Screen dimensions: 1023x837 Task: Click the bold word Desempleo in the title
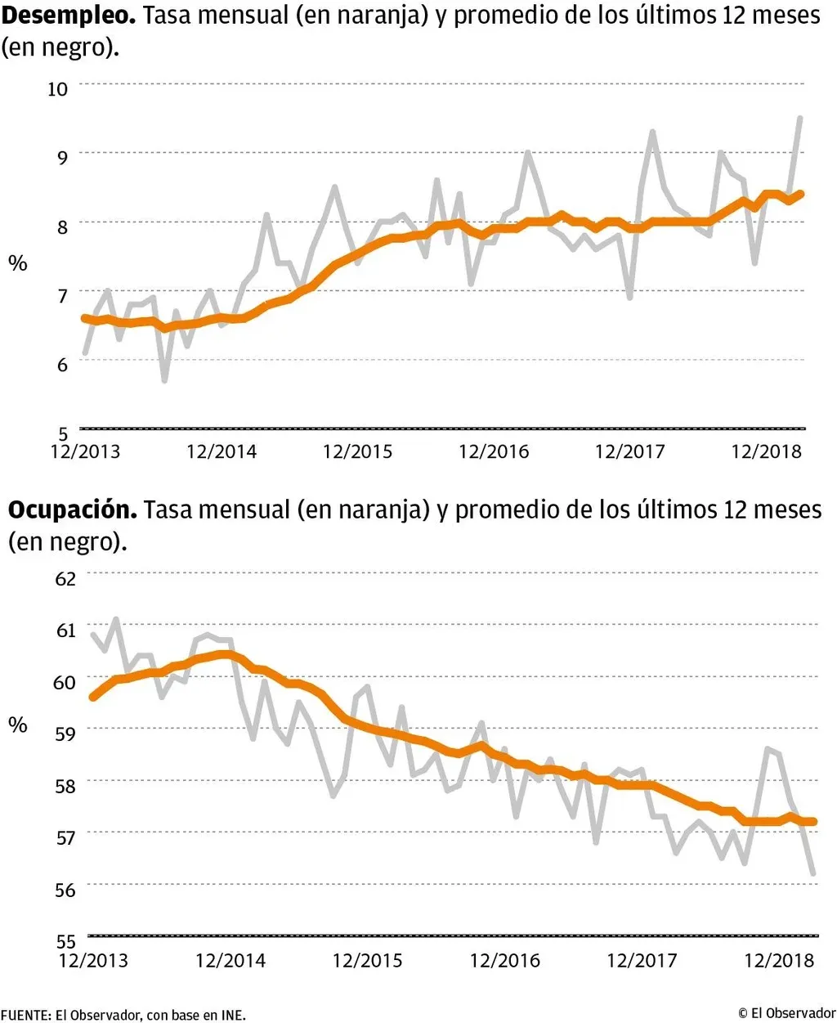pos(68,16)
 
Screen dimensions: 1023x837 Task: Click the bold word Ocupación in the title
pos(73,509)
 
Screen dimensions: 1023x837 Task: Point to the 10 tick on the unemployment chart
pos(58,88)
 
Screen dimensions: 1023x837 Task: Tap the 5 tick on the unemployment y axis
pos(63,433)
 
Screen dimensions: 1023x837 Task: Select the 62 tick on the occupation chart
pos(65,578)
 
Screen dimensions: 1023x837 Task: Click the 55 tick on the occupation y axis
pos(65,941)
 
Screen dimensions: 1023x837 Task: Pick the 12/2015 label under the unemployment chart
pos(357,451)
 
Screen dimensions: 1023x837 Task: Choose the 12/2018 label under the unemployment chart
pos(766,451)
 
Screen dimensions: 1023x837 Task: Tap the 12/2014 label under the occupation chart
pos(231,960)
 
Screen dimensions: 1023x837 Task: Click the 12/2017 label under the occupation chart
pos(642,960)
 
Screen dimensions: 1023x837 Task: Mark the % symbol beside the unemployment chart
pos(18,262)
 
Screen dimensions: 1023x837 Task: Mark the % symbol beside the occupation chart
pos(18,725)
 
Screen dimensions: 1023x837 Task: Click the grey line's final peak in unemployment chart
pos(799,118)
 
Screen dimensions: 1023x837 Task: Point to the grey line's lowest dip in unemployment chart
pos(164,380)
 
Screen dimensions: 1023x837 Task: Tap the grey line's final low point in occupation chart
pos(813,873)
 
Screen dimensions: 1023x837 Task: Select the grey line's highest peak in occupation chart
pos(115,619)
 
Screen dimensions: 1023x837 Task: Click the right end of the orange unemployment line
pos(802,194)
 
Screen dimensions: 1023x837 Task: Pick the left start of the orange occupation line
pos(92,697)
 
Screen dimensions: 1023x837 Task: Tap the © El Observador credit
pos(786,1013)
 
